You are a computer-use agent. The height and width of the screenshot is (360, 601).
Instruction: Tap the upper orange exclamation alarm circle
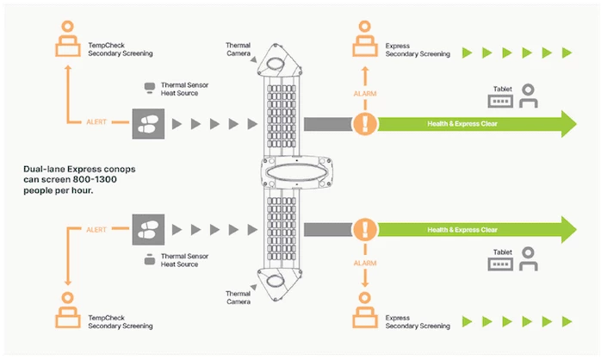[365, 124]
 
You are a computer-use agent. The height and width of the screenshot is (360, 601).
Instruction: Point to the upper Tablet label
[501, 88]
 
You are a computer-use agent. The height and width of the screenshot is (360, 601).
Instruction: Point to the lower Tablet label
[501, 251]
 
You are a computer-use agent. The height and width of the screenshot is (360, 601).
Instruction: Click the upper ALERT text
[96, 123]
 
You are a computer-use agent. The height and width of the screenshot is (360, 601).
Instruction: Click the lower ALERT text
[96, 230]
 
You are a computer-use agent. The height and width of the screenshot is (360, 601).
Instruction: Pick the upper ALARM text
[365, 93]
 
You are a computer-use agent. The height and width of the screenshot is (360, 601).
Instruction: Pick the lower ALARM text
[365, 261]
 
